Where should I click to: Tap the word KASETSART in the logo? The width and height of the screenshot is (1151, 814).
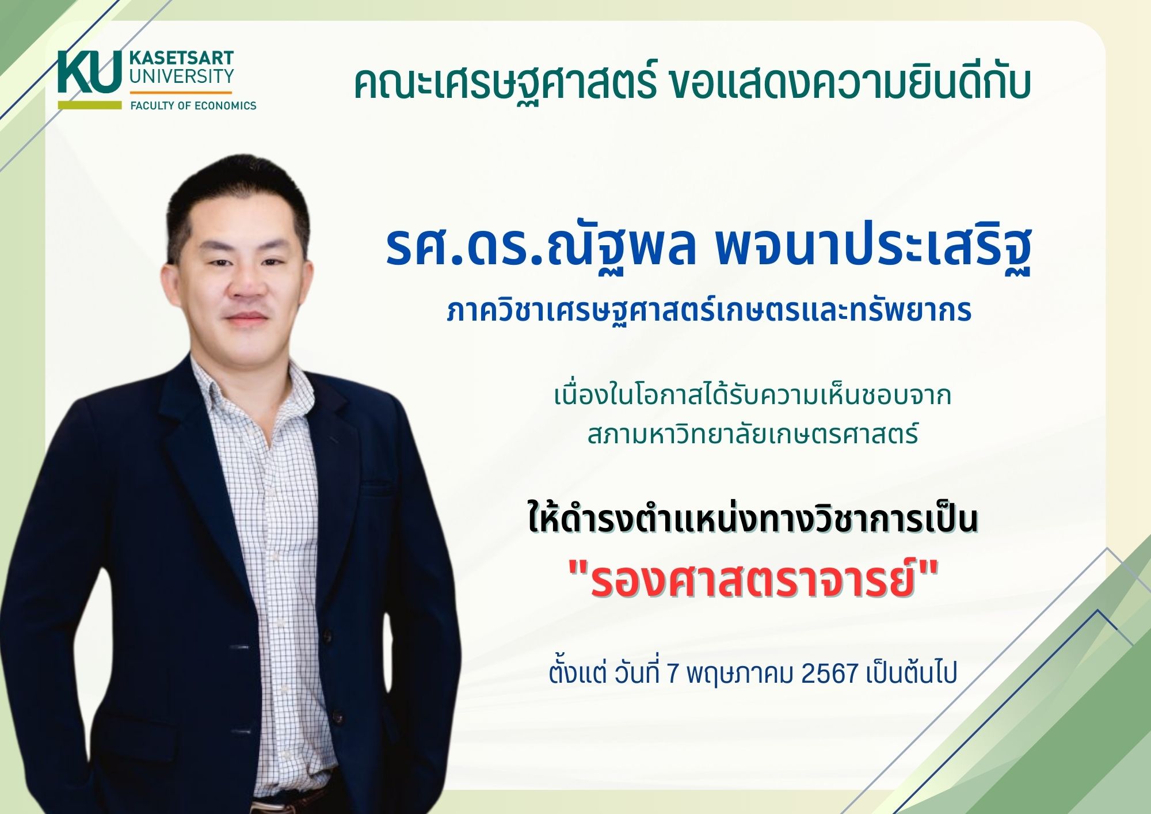pyautogui.click(x=181, y=58)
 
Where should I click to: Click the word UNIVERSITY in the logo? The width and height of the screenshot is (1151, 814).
pyautogui.click(x=181, y=76)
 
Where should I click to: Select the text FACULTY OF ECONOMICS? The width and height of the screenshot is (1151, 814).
pyautogui.click(x=193, y=105)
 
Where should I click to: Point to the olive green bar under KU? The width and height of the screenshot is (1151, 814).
pyautogui.click(x=90, y=105)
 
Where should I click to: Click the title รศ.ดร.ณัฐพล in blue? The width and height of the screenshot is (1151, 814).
pyautogui.click(x=542, y=248)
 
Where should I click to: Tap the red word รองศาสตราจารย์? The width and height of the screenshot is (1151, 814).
pyautogui.click(x=752, y=578)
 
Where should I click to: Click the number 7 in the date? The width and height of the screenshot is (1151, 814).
pyautogui.click(x=672, y=672)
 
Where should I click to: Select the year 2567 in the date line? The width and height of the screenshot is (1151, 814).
pyautogui.click(x=830, y=672)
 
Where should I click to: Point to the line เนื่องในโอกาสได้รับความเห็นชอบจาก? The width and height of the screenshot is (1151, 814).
pyautogui.click(x=752, y=396)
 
